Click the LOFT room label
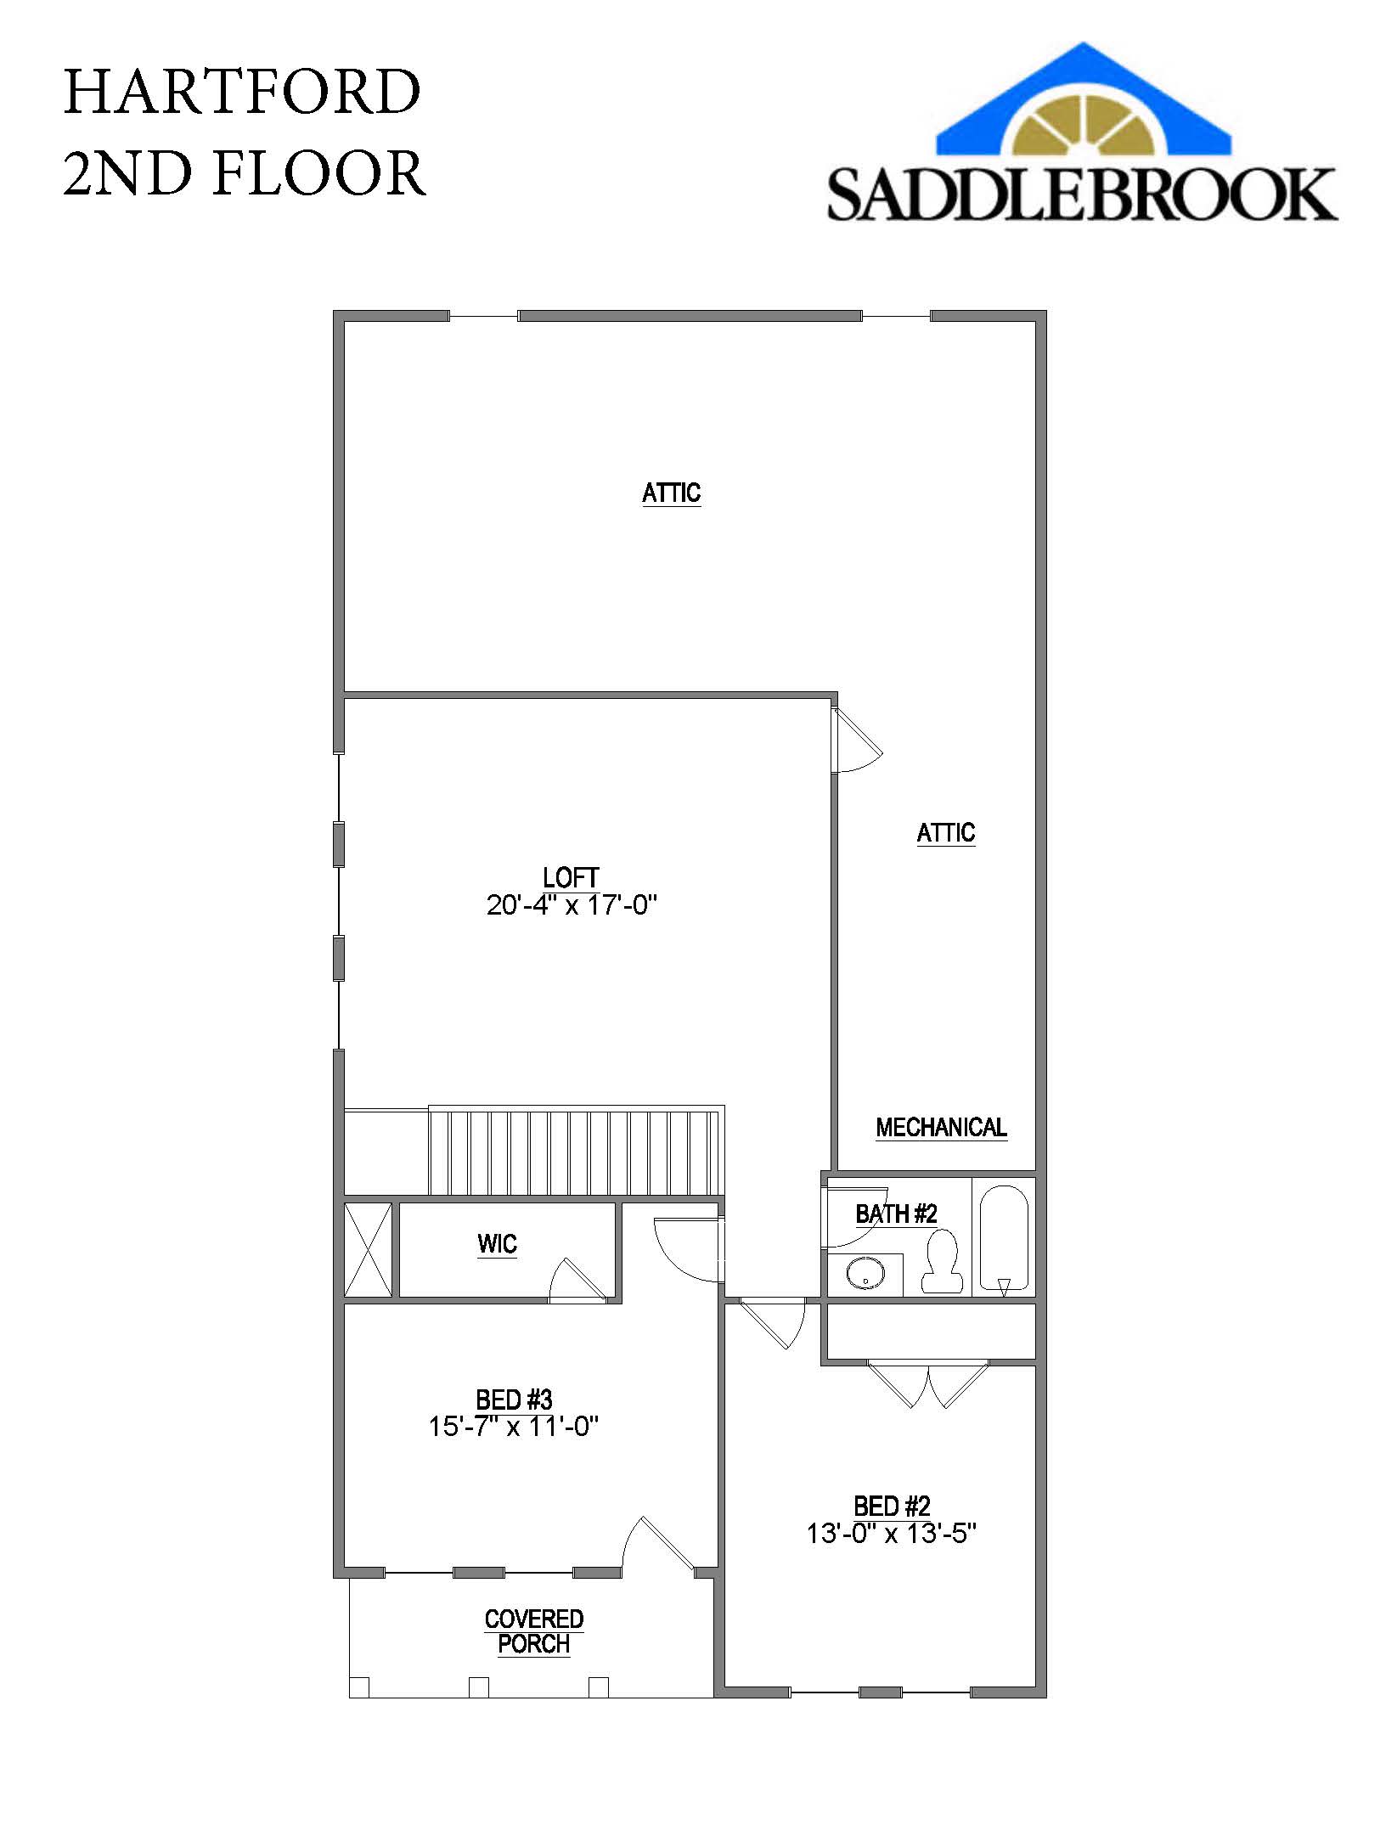tap(571, 877)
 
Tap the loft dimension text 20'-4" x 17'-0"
tap(572, 905)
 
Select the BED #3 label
tap(514, 1399)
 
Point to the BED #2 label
tap(892, 1507)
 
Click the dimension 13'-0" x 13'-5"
tap(892, 1534)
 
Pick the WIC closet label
tap(497, 1244)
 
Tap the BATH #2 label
tap(896, 1214)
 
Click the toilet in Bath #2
tap(942, 1261)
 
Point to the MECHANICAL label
tap(941, 1127)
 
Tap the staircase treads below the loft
tap(575, 1152)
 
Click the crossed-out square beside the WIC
tap(368, 1249)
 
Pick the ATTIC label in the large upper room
tap(671, 493)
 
